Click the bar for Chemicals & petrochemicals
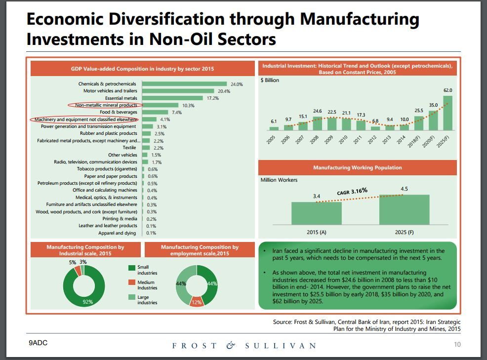[184, 84]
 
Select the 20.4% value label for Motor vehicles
[224, 91]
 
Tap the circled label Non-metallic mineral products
[106, 105]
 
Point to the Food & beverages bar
[155, 112]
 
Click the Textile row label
[129, 148]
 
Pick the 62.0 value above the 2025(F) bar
[447, 90]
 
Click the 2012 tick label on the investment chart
[372, 139]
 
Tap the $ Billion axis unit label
[270, 80]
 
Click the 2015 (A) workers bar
[316, 213]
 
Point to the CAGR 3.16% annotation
[352, 191]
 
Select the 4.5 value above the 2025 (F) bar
[404, 189]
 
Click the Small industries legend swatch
[131, 268]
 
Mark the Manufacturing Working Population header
[357, 168]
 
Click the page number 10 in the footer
[457, 345]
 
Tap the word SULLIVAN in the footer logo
[281, 346]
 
